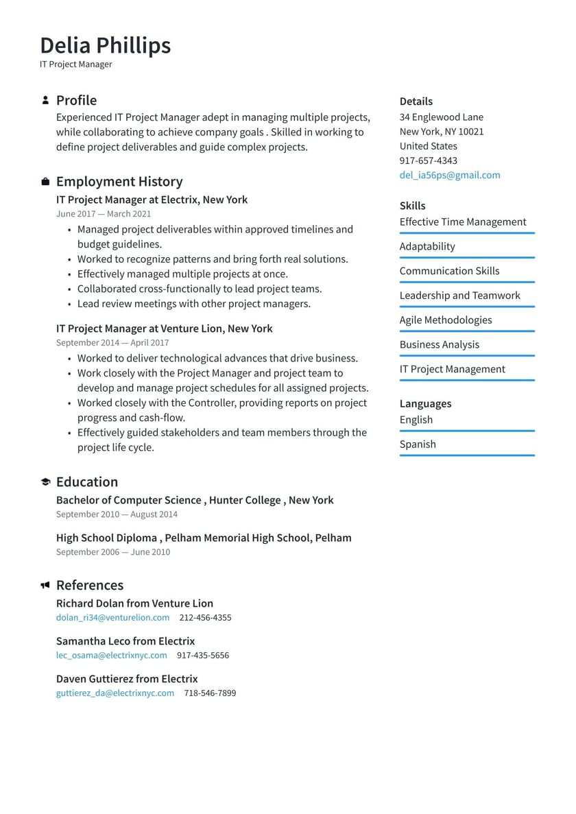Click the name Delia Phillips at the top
tap(105, 45)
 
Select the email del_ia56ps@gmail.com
tap(450, 175)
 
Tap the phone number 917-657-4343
tap(428, 160)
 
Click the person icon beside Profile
tap(45, 100)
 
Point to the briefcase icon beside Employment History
tap(45, 182)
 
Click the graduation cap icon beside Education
tap(45, 482)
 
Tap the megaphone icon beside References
tap(45, 585)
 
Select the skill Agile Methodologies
tap(446, 320)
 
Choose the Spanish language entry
tap(418, 444)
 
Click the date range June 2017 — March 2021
tap(104, 214)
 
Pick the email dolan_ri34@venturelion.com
tap(112, 617)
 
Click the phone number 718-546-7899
tap(210, 693)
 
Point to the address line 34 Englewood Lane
tap(441, 117)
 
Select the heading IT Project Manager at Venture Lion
tap(164, 328)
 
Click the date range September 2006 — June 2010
tap(113, 552)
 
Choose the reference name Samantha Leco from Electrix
tap(125, 641)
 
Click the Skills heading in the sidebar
tap(412, 206)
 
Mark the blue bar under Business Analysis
tap(466, 356)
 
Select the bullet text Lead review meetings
tap(193, 303)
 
